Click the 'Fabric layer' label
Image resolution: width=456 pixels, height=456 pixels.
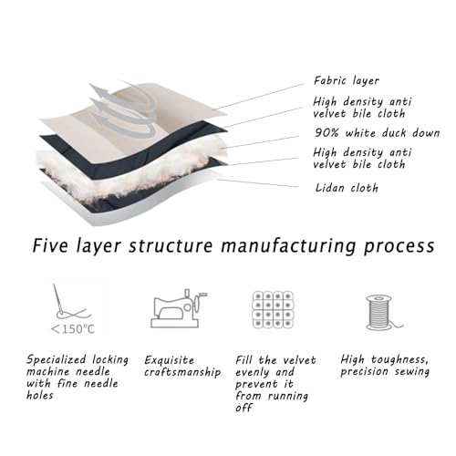coord(347,81)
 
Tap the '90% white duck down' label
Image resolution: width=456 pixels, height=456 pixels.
coord(377,133)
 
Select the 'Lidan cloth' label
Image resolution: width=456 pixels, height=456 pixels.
coord(347,188)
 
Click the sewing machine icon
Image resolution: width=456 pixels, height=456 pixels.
coord(179,308)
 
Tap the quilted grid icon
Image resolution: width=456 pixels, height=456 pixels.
coord(274,309)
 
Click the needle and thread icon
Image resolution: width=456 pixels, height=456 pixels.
coord(69,302)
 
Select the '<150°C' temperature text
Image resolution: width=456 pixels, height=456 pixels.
coord(73,329)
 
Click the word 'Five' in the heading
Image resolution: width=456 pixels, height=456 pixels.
coord(50,245)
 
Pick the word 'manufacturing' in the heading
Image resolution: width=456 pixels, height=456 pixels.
coord(288,246)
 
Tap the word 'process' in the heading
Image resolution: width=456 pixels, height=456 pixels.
coord(399,246)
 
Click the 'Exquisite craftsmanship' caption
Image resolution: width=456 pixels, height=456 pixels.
coord(182,366)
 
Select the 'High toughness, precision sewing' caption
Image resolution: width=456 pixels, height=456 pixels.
coord(385,366)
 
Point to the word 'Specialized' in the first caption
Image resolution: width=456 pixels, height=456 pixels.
coord(56,360)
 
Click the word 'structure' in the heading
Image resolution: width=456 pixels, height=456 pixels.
coord(171,245)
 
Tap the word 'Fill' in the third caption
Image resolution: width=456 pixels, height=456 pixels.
coord(244,360)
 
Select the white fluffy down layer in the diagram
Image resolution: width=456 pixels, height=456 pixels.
coord(130,171)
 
